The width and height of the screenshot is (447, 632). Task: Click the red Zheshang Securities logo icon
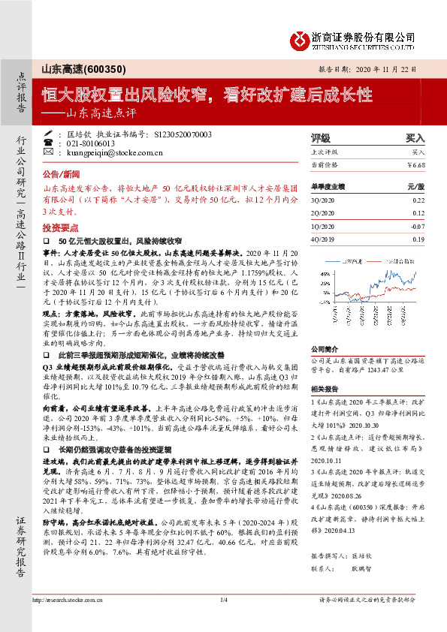[301, 39]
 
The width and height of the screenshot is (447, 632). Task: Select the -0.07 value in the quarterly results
[417, 226]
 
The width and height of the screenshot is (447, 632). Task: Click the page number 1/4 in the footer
[223, 600]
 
